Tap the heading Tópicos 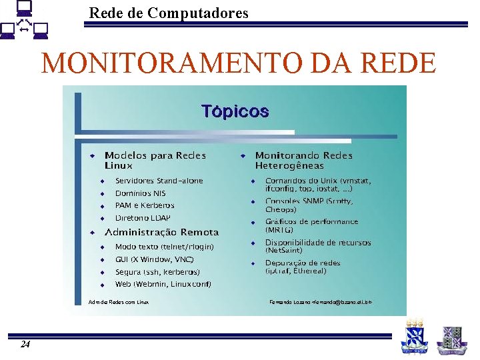click(235, 111)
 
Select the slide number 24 click(25, 344)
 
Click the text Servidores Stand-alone click(159, 181)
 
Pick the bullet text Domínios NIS click(140, 193)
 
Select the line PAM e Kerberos click(145, 205)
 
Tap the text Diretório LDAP click(143, 218)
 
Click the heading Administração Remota click(161, 233)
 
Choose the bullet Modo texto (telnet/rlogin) click(164, 247)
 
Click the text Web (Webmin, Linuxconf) click(163, 285)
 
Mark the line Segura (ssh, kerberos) click(157, 272)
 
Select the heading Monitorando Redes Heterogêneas click(304, 160)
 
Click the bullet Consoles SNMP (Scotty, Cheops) click(309, 205)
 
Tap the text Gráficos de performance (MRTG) click(311, 225)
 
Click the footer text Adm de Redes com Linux click(119, 302)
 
